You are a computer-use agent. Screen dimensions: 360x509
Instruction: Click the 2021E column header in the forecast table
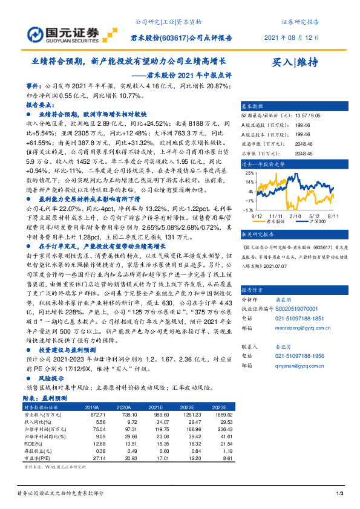coord(156,407)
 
